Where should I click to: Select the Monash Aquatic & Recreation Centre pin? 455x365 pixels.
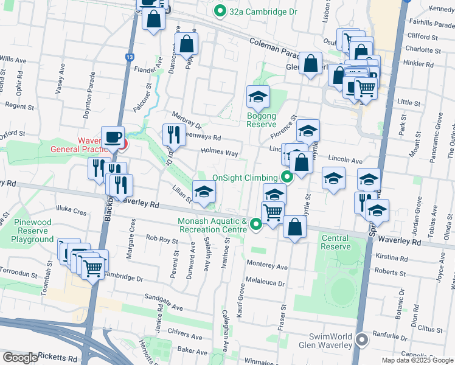point(256,225)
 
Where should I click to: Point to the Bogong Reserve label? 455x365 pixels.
point(262,120)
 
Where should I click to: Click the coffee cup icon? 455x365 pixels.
point(113,137)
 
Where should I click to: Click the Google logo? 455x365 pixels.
point(20,358)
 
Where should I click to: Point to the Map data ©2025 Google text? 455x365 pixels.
point(417,360)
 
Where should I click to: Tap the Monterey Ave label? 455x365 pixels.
point(267,266)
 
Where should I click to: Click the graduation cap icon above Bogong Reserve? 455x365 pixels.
point(258,97)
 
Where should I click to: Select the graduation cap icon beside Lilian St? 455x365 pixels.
point(204,191)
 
